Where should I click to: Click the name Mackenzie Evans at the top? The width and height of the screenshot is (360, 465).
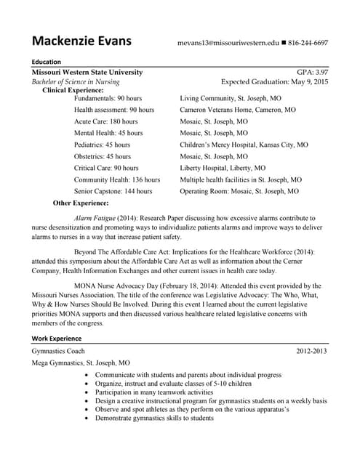(81, 41)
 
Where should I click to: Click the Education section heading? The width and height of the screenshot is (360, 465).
(46, 62)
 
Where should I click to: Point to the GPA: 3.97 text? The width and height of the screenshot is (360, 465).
(313, 73)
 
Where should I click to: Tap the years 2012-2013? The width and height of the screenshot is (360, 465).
(312, 351)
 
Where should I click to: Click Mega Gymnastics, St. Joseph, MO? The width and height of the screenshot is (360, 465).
(80, 363)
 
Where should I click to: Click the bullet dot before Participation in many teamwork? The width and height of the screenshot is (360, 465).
(88, 392)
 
